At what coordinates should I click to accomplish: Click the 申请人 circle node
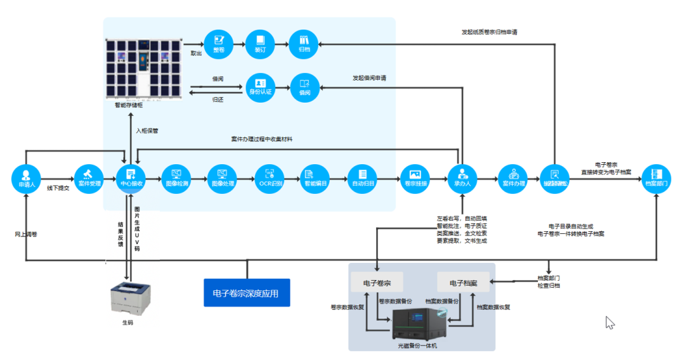(26, 178)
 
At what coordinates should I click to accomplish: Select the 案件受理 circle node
(89, 178)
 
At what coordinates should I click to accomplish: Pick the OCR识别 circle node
(269, 178)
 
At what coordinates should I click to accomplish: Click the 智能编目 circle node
(315, 178)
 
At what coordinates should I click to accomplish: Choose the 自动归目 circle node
(362, 178)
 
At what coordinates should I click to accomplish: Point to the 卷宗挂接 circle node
(415, 178)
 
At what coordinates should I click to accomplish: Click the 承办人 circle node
(462, 178)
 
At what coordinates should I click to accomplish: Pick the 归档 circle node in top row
(303, 43)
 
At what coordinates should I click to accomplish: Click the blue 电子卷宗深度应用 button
(247, 293)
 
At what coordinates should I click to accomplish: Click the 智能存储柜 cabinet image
(144, 69)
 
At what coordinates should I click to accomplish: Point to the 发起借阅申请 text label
(369, 79)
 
